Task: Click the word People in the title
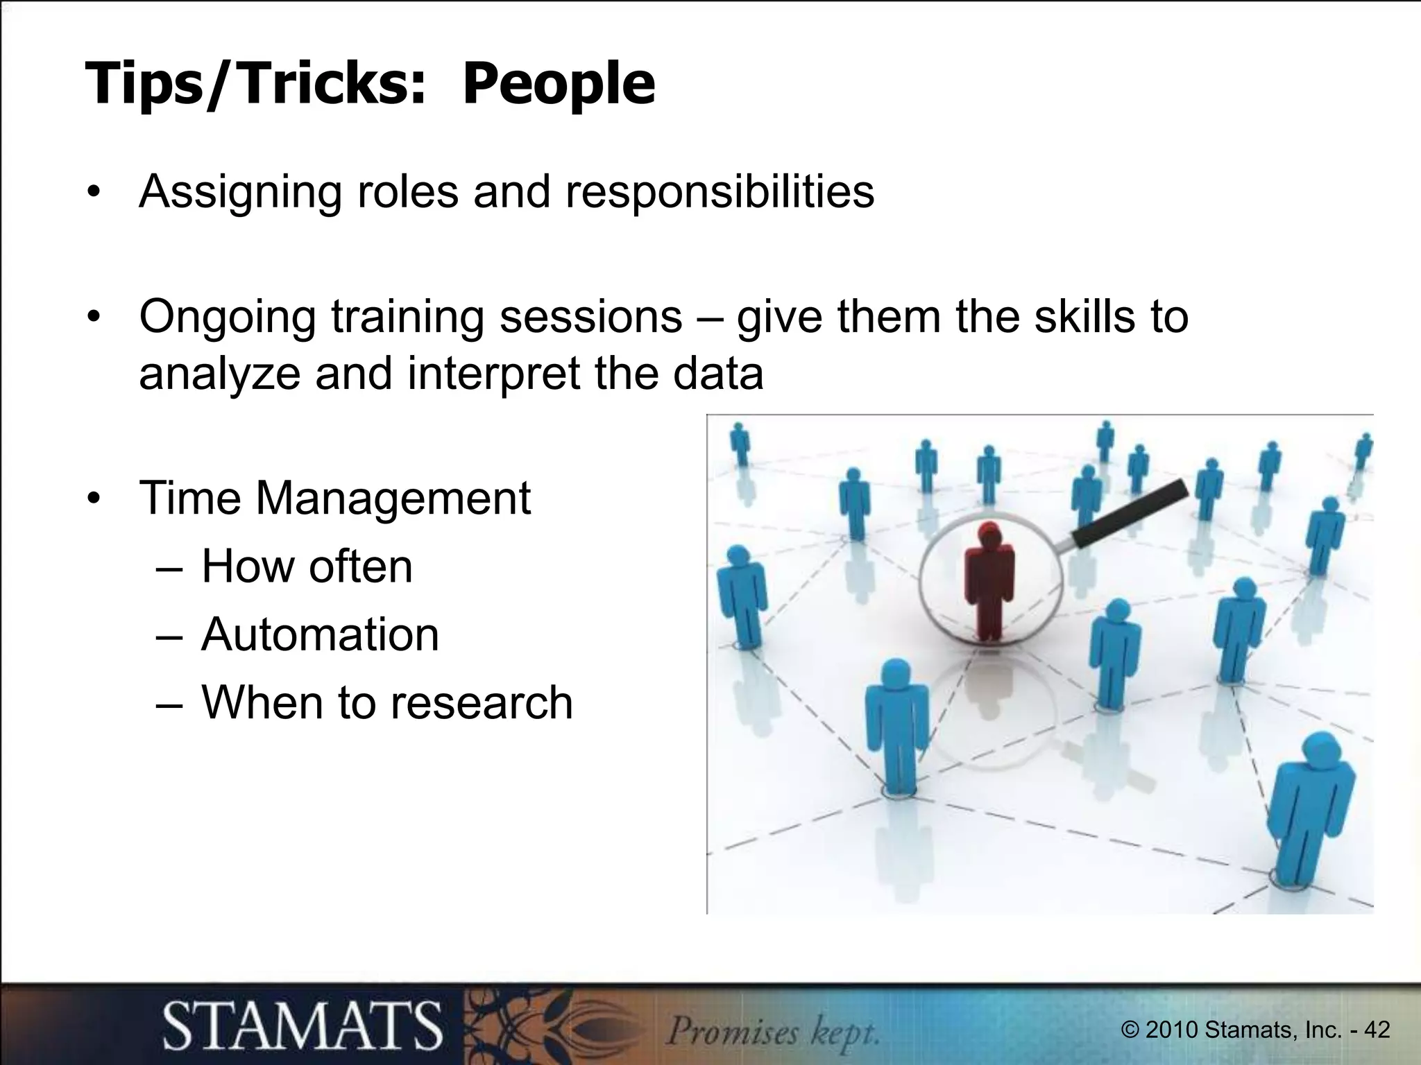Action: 558,85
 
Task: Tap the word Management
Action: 393,499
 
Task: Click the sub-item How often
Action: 307,566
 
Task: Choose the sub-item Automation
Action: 320,634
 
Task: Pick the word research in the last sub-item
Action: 482,702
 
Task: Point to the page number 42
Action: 1377,1030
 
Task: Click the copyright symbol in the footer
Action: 1131,1030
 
